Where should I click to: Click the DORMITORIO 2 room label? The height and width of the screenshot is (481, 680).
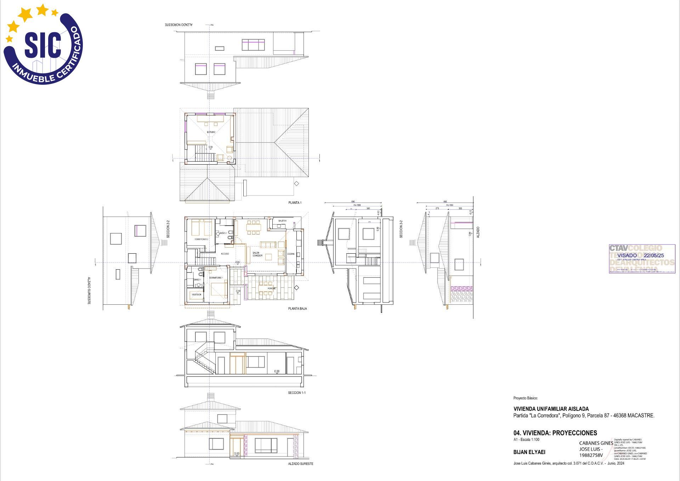click(x=201, y=239)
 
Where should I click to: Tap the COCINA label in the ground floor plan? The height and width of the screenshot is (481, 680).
click(x=291, y=254)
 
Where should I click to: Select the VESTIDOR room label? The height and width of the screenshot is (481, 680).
click(x=197, y=294)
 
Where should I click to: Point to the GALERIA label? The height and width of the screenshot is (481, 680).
click(x=282, y=221)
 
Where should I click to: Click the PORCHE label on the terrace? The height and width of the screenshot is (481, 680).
click(x=272, y=288)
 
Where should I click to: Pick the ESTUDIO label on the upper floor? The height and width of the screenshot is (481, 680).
click(x=211, y=132)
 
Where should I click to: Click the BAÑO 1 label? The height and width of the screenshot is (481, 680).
click(x=197, y=280)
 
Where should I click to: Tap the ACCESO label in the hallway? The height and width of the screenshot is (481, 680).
click(x=225, y=254)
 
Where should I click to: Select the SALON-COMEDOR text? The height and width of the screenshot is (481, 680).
click(x=257, y=254)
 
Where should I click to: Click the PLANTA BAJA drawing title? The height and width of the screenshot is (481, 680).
click(x=297, y=309)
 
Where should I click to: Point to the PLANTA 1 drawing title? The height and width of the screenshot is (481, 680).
click(x=295, y=203)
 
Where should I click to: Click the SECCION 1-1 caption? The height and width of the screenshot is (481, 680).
click(x=297, y=393)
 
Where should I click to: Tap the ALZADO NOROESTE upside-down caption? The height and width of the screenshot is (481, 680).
click(x=179, y=25)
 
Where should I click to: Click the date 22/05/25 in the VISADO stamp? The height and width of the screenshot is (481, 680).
click(x=654, y=255)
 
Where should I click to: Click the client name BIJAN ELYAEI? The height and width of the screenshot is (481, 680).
click(x=529, y=452)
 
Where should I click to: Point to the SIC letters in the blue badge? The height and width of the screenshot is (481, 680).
click(x=42, y=45)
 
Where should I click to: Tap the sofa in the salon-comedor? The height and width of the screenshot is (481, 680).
click(x=268, y=245)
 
